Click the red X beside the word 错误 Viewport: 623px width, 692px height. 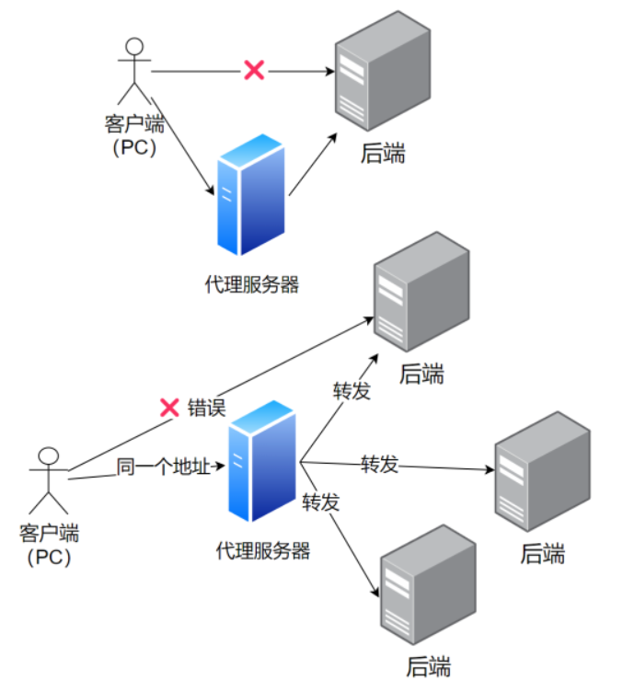169,408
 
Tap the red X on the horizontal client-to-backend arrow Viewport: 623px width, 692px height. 254,70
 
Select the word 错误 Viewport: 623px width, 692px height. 206,408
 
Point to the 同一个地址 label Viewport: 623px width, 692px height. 163,467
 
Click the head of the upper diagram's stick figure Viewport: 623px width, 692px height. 134,46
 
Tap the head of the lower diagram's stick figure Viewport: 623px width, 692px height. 49,456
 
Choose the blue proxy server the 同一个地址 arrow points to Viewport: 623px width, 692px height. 262,461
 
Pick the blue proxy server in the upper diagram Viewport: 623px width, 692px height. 251,195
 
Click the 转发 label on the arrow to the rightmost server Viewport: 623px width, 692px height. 379,465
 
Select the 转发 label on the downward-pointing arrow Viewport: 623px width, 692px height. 321,502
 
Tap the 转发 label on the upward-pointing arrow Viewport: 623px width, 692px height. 352,391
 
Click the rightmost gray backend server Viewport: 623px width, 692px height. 542,471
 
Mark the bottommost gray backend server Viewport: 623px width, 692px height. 428,584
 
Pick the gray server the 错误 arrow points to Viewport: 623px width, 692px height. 421,292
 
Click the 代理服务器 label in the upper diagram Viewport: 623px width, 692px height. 252,284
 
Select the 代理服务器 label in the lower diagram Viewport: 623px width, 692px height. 263,551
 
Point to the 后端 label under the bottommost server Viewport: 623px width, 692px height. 429,666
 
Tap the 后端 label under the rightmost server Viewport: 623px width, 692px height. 543,553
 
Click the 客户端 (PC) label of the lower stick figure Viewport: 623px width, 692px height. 49,545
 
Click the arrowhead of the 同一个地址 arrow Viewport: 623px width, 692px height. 220,465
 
